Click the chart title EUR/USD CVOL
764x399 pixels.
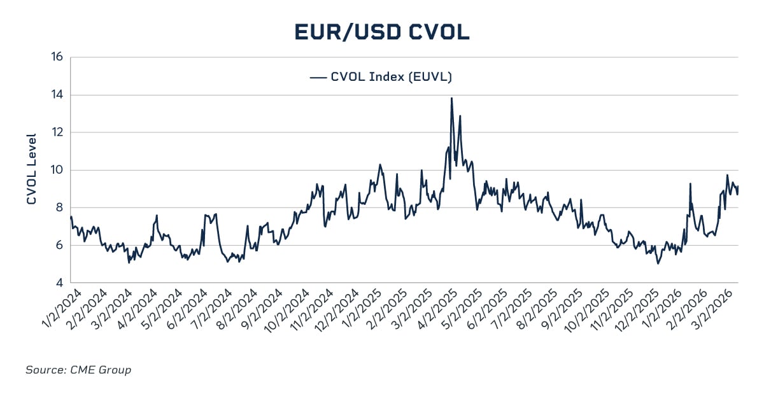[x=382, y=32]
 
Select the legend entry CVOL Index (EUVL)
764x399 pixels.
[x=391, y=77]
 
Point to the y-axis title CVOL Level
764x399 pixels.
[x=32, y=169]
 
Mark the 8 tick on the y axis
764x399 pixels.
[x=59, y=207]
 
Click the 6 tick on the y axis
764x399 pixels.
[x=59, y=245]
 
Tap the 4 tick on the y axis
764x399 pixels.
[x=59, y=283]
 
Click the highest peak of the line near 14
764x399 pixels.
[x=451, y=98]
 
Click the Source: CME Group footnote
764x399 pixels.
[x=78, y=370]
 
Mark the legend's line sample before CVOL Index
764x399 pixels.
[x=318, y=77]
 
